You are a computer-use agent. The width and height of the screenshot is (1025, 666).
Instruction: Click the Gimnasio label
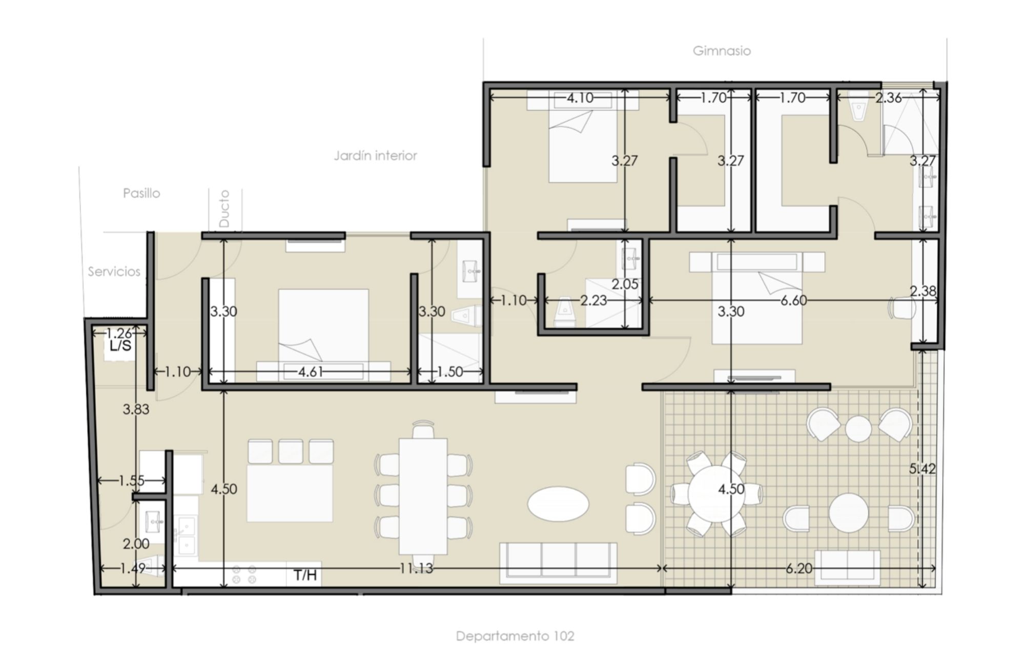(x=722, y=51)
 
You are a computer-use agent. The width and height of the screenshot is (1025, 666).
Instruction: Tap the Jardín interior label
(x=375, y=156)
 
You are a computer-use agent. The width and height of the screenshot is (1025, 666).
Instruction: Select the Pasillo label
(x=141, y=193)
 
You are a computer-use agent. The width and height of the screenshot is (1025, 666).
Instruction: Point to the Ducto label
(x=224, y=209)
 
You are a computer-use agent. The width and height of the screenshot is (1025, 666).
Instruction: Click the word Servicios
(x=114, y=272)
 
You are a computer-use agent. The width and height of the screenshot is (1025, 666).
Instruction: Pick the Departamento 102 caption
(x=515, y=636)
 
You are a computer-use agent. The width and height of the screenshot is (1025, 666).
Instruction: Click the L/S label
(x=120, y=346)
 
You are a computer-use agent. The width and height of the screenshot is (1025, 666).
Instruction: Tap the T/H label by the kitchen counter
(x=305, y=575)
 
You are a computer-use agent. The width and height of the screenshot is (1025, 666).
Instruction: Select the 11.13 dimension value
(x=416, y=568)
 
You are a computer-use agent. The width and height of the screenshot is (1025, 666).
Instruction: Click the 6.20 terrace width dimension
(x=798, y=568)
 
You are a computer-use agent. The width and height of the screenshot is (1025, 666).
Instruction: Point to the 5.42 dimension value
(x=922, y=469)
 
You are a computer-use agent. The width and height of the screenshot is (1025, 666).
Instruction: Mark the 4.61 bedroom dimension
(x=311, y=372)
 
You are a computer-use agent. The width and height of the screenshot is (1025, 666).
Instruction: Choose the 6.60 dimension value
(x=793, y=301)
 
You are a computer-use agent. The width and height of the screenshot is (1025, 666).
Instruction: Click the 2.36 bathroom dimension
(x=888, y=97)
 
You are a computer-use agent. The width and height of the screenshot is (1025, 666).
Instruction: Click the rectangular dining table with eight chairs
(x=423, y=496)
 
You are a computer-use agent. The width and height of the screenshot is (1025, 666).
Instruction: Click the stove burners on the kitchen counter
(x=244, y=574)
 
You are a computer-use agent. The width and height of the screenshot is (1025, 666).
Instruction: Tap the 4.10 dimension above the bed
(x=580, y=97)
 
